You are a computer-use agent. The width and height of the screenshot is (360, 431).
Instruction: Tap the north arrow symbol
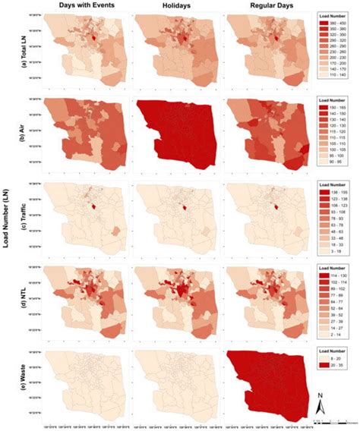(x=321, y=402)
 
